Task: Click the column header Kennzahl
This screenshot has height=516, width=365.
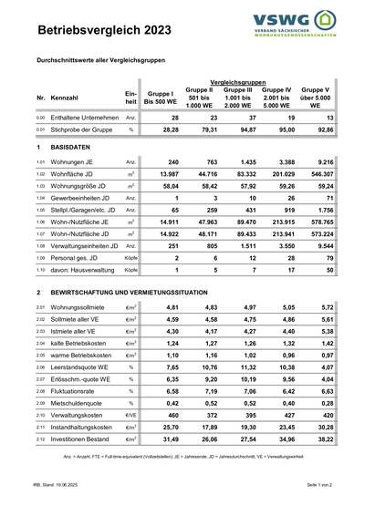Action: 65,97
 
